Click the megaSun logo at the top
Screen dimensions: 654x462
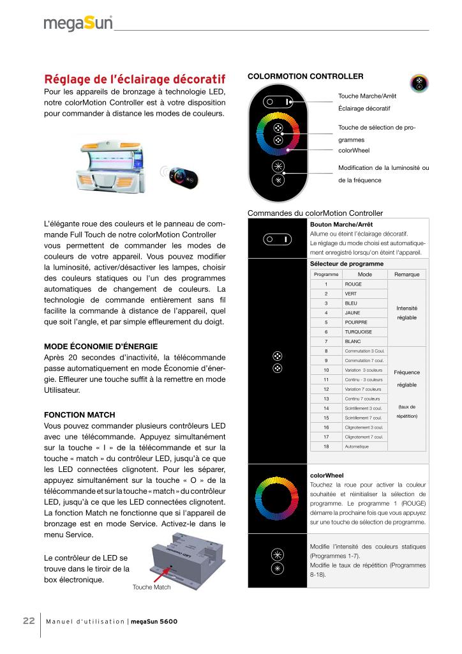click(78, 24)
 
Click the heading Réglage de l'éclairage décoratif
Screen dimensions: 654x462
click(135, 79)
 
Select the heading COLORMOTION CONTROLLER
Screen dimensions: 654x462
click(305, 77)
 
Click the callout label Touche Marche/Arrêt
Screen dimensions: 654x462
click(367, 96)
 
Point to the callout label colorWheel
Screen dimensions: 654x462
click(354, 151)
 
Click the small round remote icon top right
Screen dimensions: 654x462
click(419, 85)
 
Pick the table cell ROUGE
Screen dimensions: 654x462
click(353, 284)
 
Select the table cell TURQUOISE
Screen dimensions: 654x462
click(357, 332)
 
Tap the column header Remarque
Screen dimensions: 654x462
click(407, 274)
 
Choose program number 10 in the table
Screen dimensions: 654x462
click(326, 370)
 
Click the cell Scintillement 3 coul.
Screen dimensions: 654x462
click(364, 408)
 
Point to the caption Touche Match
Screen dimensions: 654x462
click(151, 587)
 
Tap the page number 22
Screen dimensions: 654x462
click(29, 621)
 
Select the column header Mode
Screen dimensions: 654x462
click(365, 274)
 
